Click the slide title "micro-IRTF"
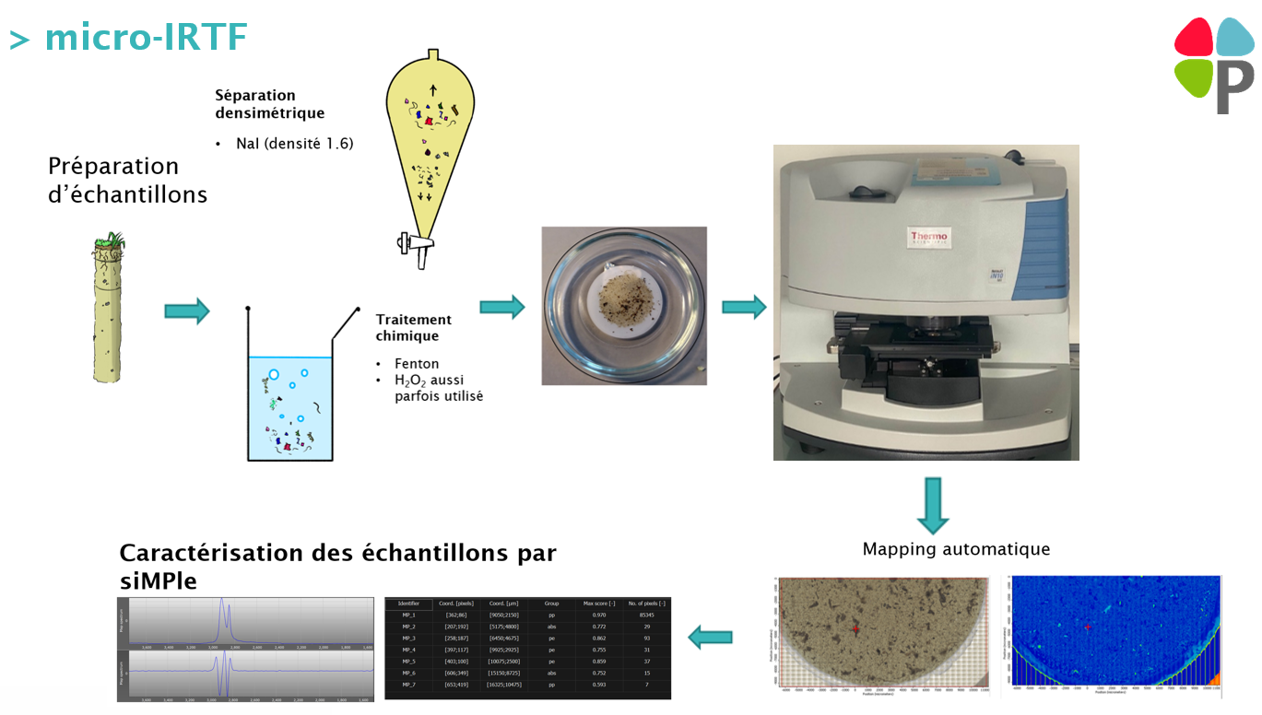click(x=146, y=37)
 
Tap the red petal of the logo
click(x=1193, y=37)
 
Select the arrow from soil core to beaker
click(x=187, y=311)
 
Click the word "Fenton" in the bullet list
click(x=417, y=364)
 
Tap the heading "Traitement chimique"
click(x=413, y=327)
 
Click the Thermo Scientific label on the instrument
click(x=928, y=238)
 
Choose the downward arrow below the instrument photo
click(x=933, y=505)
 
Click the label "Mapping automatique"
click(x=956, y=549)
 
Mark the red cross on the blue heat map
click(x=1088, y=627)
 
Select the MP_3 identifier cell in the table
click(x=408, y=638)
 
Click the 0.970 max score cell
click(x=599, y=615)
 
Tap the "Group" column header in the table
click(x=551, y=604)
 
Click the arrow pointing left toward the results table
click(x=711, y=636)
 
